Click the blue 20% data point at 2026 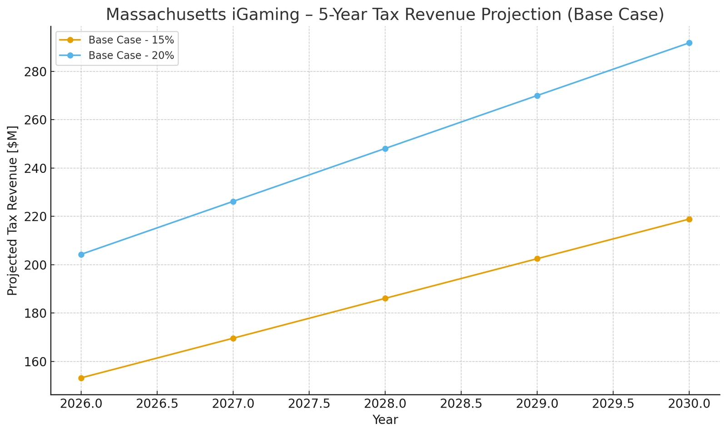coord(81,254)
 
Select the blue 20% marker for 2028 coord(385,149)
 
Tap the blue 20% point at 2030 coord(689,43)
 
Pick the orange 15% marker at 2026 coord(81,378)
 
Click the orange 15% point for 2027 coord(233,338)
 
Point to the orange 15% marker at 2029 coord(537,259)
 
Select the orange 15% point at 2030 coord(689,219)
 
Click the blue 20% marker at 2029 coord(537,96)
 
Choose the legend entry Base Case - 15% coord(131,40)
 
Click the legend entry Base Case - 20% coord(131,56)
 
